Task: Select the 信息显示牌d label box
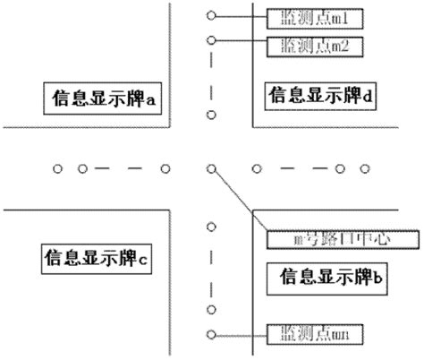pyautogui.click(x=322, y=95)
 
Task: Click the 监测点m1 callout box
pyautogui.click(x=310, y=16)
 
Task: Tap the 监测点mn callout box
pyautogui.click(x=308, y=335)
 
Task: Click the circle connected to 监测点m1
pyautogui.click(x=211, y=16)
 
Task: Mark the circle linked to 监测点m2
pyautogui.click(x=211, y=40)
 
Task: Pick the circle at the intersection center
pyautogui.click(x=211, y=167)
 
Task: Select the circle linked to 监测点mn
pyautogui.click(x=211, y=335)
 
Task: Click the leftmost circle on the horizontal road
pyautogui.click(x=56, y=167)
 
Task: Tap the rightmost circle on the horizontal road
pyautogui.click(x=365, y=167)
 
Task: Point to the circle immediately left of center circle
pyautogui.click(x=165, y=167)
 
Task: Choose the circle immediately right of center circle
pyautogui.click(x=257, y=167)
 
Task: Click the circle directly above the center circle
pyautogui.click(x=211, y=115)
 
